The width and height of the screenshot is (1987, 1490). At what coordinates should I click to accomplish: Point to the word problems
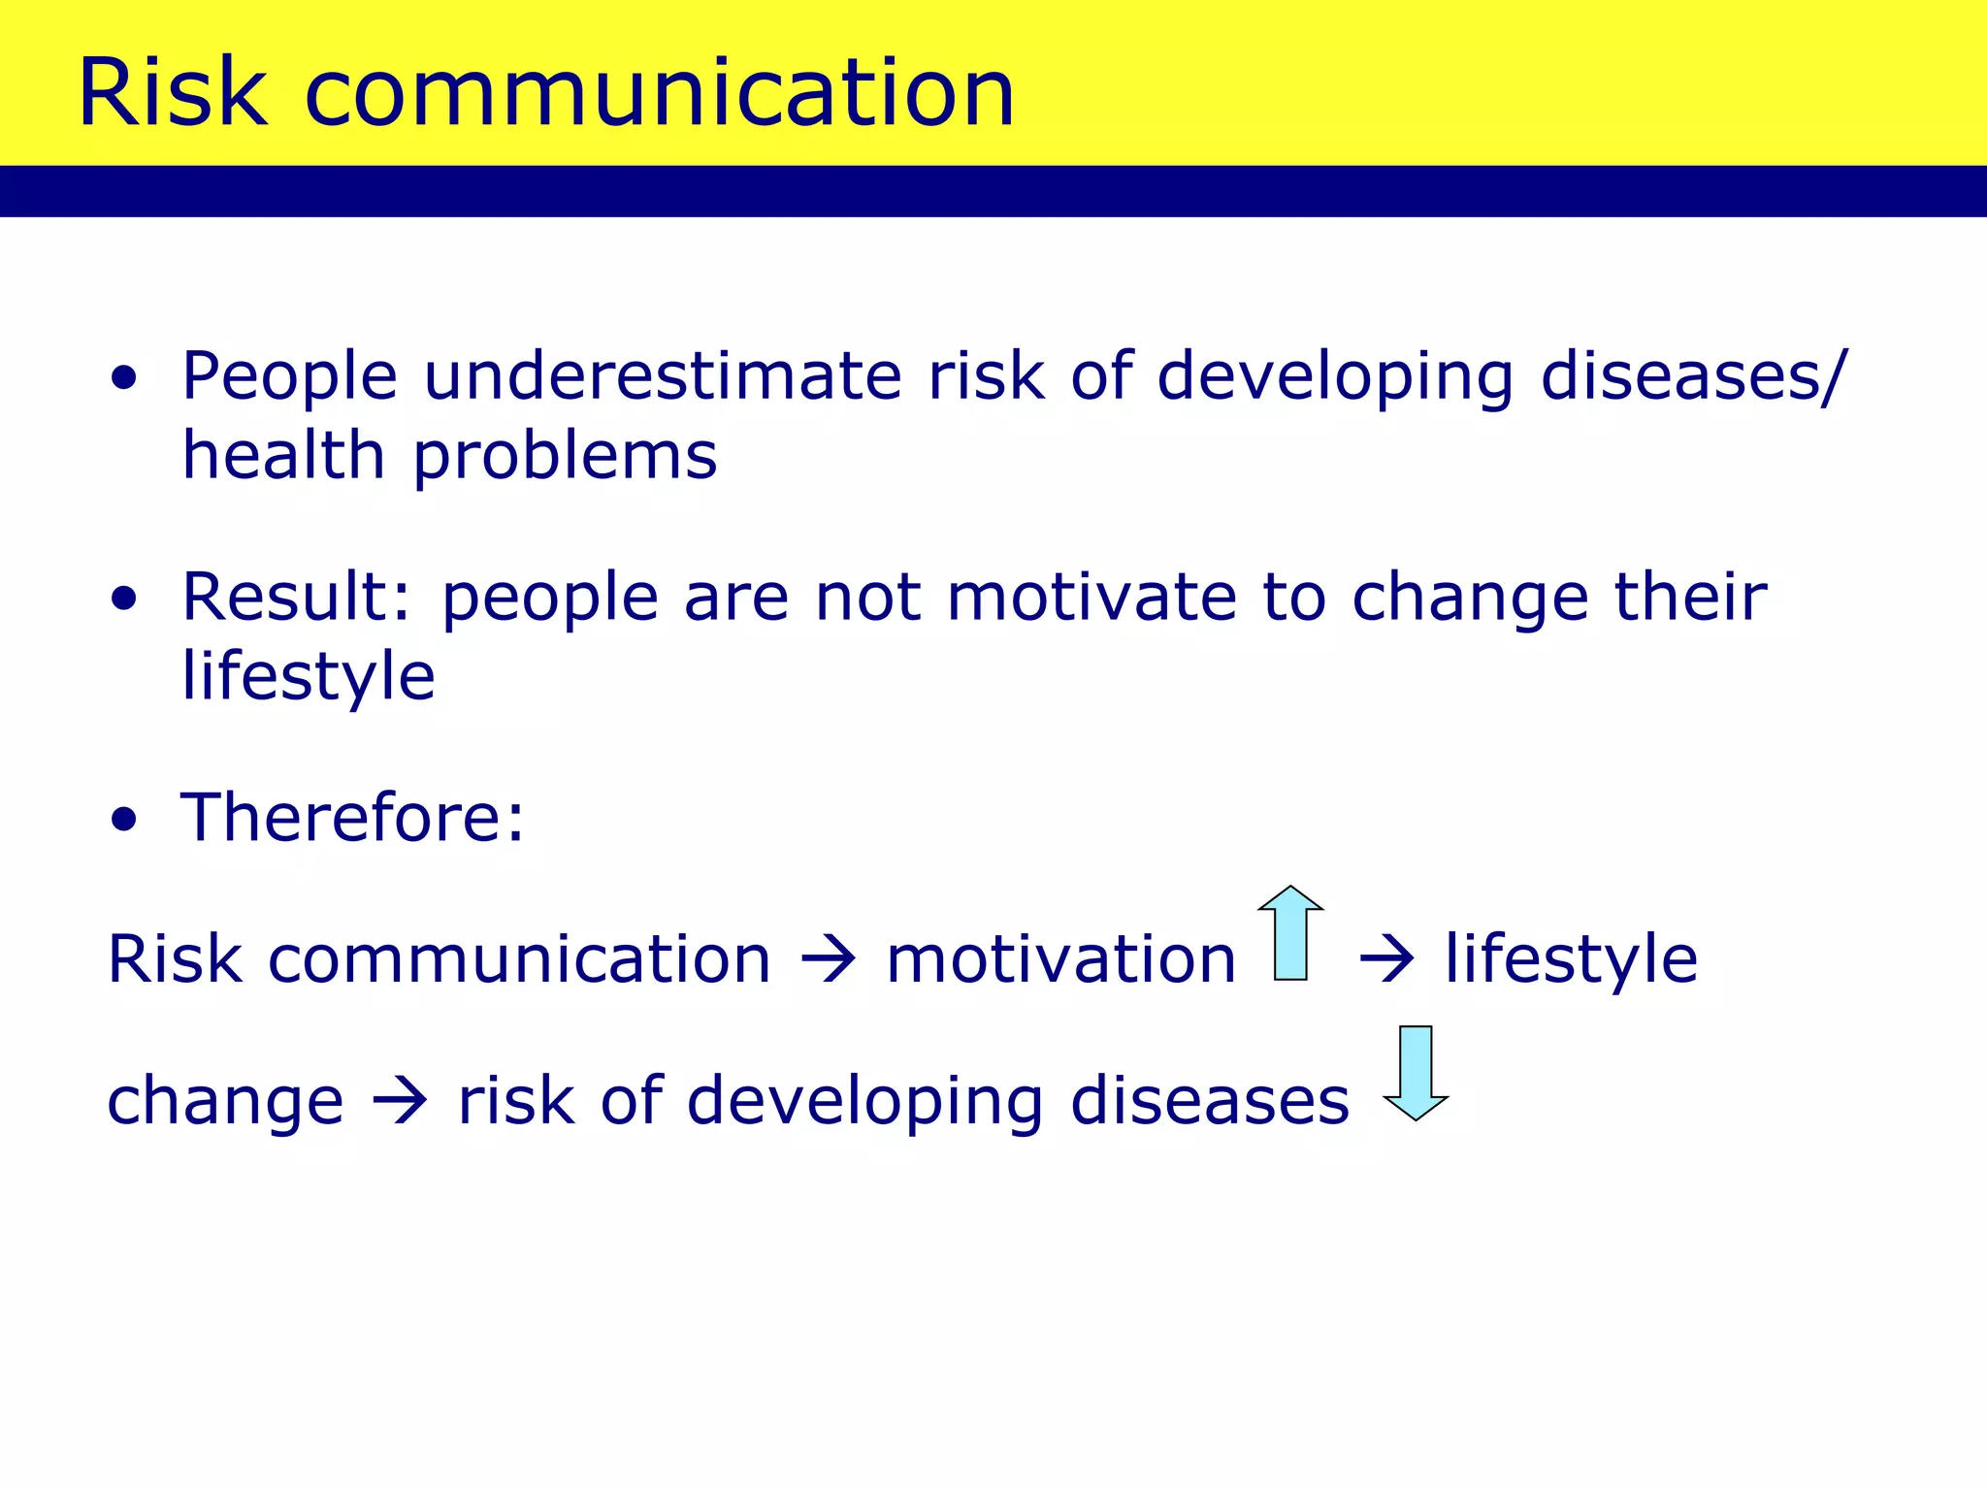pos(566,458)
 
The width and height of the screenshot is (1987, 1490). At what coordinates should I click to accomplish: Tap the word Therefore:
pos(352,817)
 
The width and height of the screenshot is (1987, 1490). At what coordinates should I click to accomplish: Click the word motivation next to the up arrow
pos(1060,958)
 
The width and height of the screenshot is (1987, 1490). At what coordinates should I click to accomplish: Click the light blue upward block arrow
pos(1290,933)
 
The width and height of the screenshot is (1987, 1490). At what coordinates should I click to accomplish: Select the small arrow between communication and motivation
pos(829,960)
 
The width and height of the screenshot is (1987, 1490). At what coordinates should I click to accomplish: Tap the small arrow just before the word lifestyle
pos(1387,960)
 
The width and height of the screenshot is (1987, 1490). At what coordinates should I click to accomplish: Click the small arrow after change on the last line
pos(400,1102)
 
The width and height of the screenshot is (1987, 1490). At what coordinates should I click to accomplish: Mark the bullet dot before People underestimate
pos(124,379)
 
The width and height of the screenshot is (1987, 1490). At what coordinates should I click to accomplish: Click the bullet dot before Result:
pos(124,599)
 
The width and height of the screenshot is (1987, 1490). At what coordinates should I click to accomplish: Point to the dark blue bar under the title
pos(993,191)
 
